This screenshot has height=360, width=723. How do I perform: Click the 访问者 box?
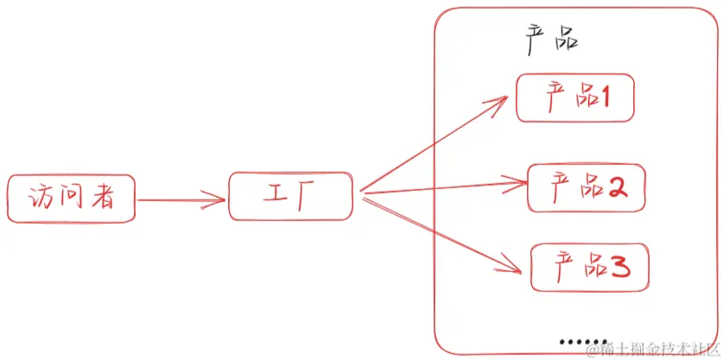pos(71,199)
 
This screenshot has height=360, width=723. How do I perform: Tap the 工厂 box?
pos(290,196)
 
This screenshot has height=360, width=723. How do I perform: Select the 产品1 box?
pos(575,98)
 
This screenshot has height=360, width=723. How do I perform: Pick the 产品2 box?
pos(587,187)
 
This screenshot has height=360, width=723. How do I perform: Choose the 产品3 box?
pos(590,268)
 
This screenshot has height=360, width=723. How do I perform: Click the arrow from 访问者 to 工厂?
pos(181,200)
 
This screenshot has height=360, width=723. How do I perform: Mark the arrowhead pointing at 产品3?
pos(510,267)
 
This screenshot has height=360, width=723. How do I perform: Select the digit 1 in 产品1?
pos(603,98)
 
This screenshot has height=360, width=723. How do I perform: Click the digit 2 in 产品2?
pos(618,186)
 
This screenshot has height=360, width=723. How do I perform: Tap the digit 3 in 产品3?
pos(620,268)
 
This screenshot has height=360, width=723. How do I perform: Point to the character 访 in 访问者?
pos(40,199)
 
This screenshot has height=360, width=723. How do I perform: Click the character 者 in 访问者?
pos(102,199)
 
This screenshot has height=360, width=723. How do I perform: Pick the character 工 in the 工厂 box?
pos(275,195)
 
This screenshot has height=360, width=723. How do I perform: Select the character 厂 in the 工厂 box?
pos(306,197)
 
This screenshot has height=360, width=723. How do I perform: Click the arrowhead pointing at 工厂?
pos(214,200)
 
